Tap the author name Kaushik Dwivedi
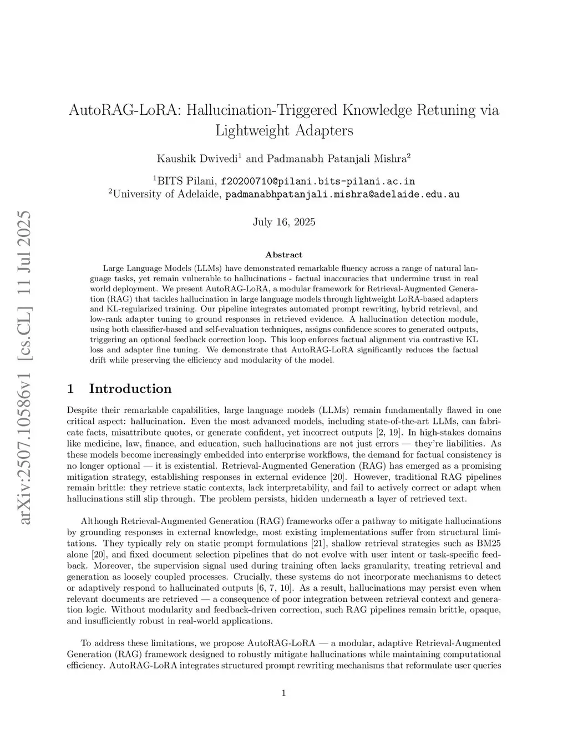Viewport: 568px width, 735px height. coord(197,159)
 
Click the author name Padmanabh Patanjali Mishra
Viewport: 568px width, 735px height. coord(337,159)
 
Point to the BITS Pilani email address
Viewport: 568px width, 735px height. coord(318,181)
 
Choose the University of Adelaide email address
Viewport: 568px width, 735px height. coord(342,194)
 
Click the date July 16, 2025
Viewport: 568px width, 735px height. coord(284,222)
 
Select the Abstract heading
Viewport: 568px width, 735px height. coord(284,255)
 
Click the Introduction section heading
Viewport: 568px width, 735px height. coord(130,388)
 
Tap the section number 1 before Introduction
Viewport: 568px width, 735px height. coord(70,388)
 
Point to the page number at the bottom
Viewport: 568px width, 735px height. coord(284,693)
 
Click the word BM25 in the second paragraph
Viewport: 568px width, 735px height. coord(489,543)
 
